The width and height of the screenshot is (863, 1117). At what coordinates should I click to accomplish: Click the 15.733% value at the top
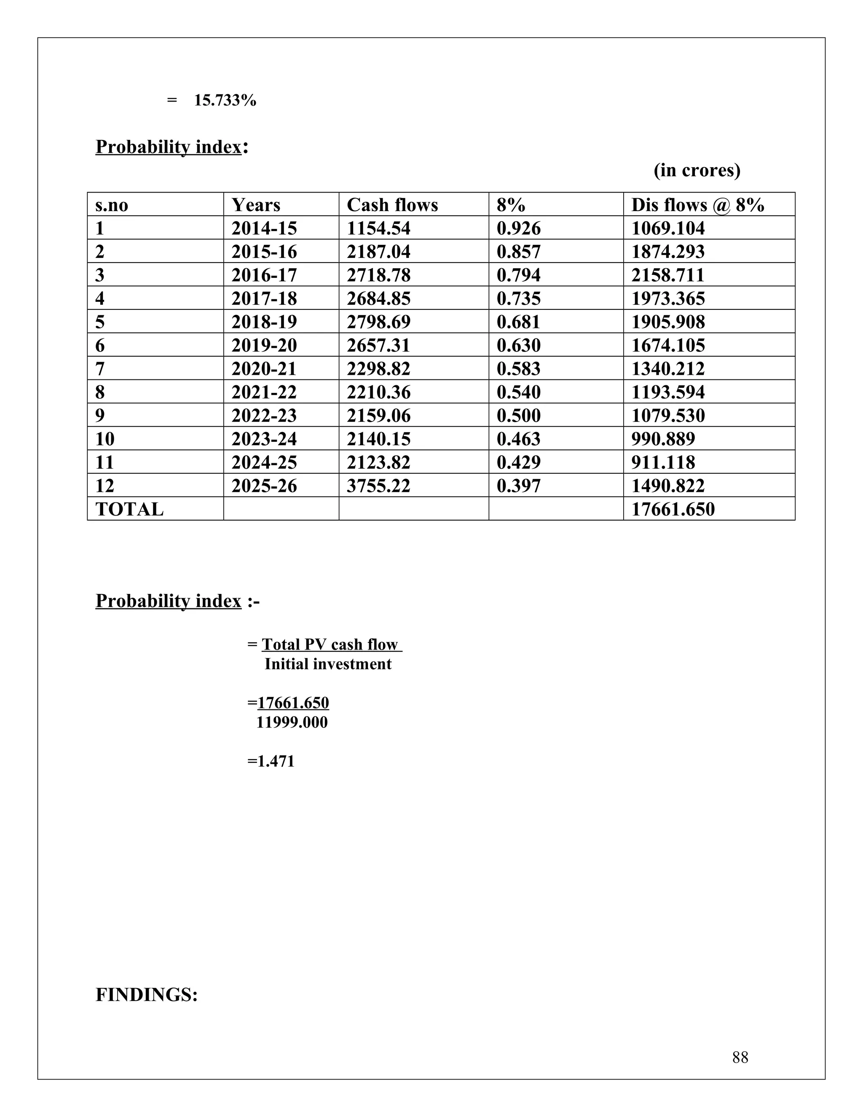225,100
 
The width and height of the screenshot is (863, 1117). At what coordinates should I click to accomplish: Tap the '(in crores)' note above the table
696,170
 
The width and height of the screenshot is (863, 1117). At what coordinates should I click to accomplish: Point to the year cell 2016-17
264,275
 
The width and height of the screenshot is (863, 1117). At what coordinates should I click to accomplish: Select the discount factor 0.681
518,322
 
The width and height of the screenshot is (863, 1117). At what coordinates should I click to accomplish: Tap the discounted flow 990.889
663,439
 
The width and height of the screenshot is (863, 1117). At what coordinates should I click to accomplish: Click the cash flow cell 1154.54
378,228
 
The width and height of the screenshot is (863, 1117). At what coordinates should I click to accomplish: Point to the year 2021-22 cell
264,392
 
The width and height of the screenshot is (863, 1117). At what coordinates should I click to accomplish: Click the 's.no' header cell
111,205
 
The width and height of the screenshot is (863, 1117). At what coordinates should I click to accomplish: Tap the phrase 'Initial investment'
328,664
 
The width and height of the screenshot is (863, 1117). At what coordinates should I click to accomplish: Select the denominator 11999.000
292,722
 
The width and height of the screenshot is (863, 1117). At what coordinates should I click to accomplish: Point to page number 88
740,1057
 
